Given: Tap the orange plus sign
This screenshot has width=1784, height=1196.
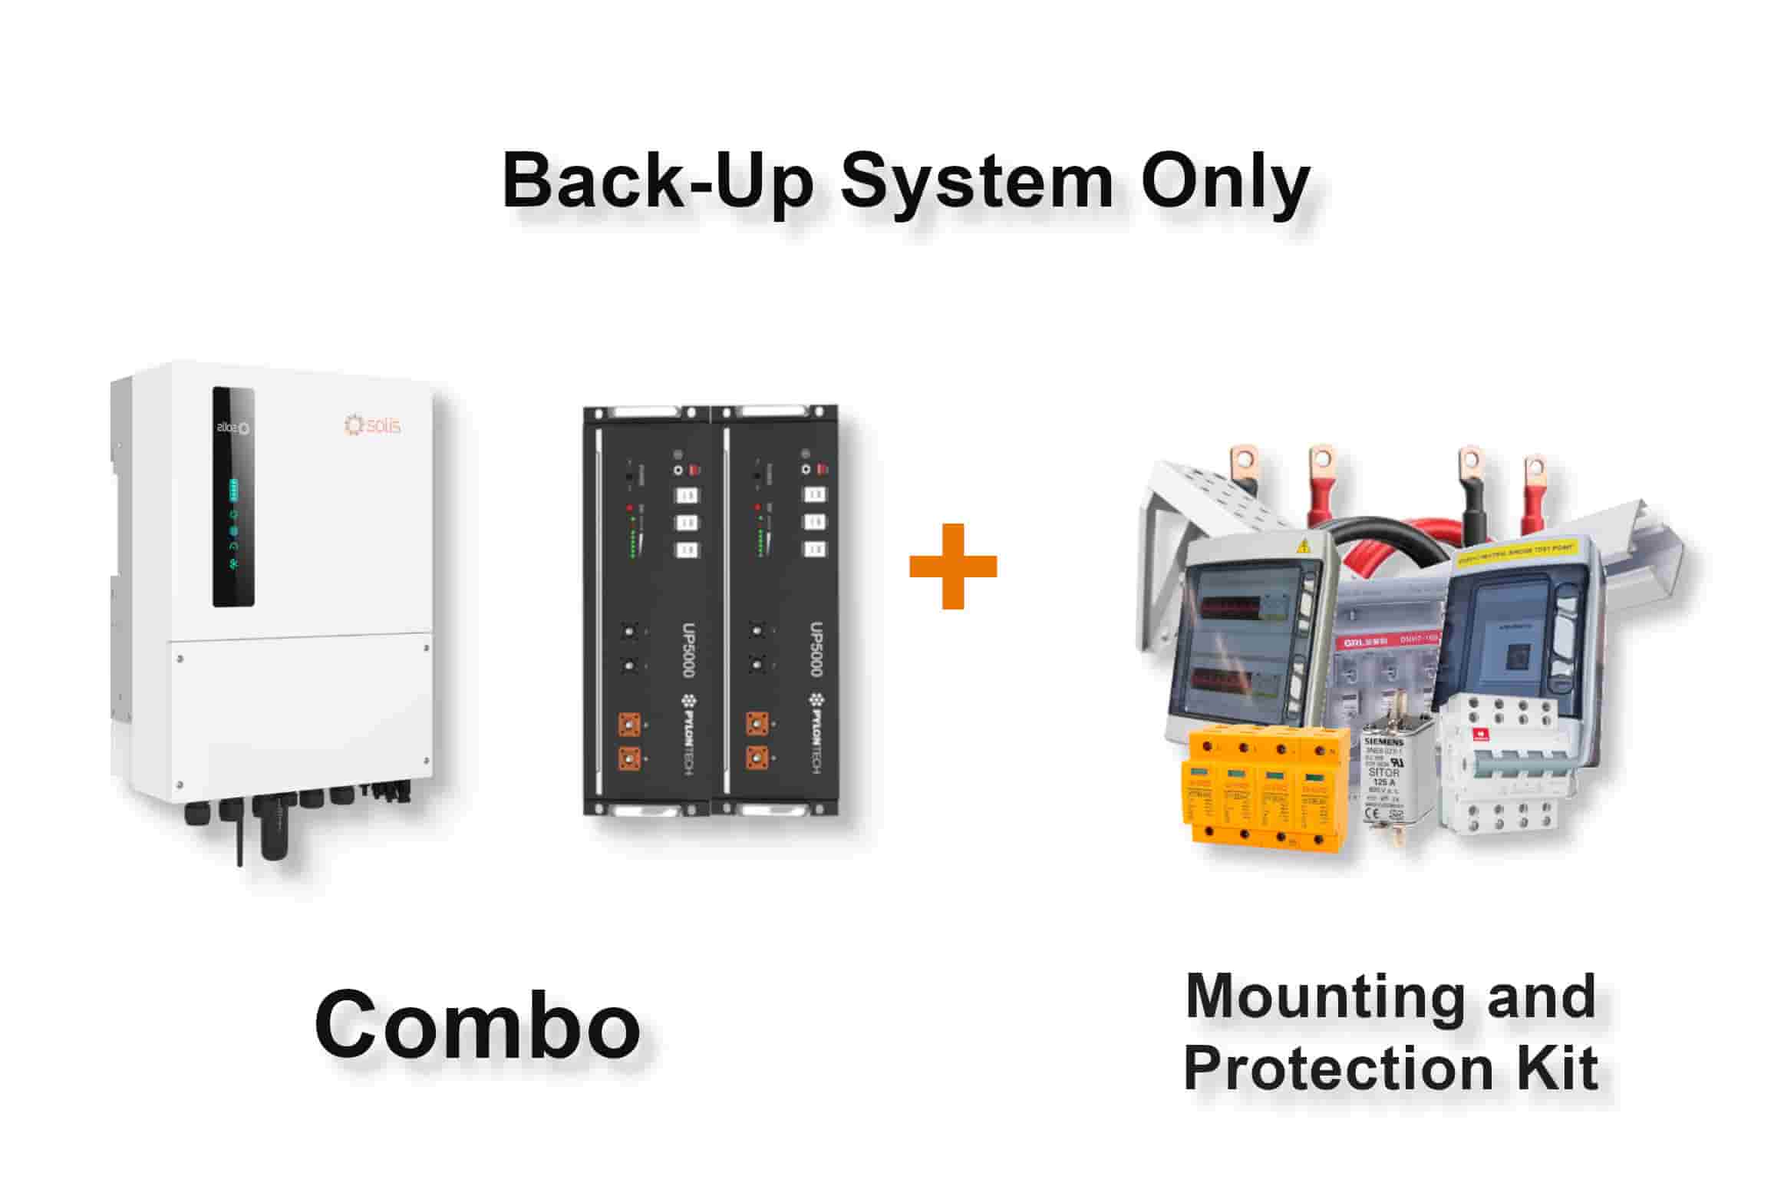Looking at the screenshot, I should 952,567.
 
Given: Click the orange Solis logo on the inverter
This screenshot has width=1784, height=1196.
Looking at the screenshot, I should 373,425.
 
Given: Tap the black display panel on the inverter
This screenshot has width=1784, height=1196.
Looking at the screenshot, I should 233,497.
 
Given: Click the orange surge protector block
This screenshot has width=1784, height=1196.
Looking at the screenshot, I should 1267,791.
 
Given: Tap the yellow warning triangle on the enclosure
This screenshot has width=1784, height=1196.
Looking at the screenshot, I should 1303,547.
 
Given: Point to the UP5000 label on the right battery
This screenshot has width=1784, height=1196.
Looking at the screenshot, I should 816,649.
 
